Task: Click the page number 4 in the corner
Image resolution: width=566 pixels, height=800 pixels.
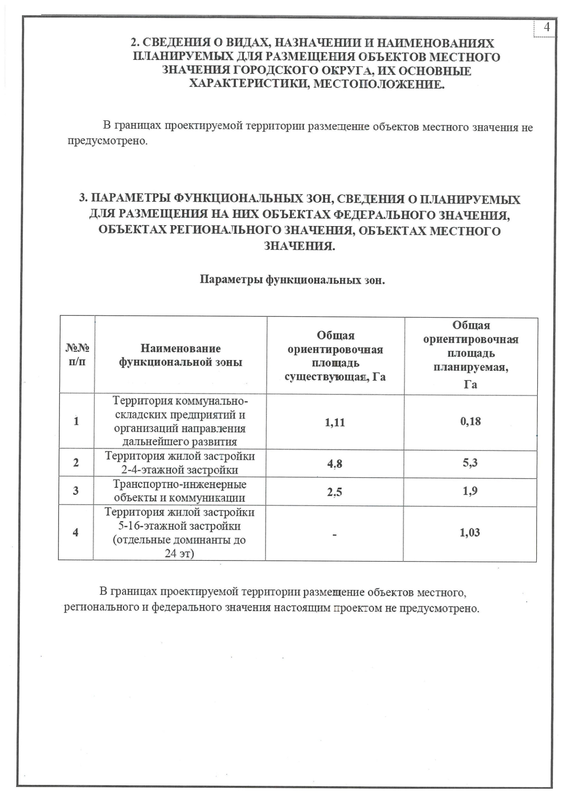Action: (x=547, y=27)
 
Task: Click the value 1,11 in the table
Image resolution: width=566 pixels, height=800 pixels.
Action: (x=335, y=422)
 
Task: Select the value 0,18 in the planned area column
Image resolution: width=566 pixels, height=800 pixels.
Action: (x=470, y=421)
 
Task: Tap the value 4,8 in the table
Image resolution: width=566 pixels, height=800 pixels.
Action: (x=334, y=464)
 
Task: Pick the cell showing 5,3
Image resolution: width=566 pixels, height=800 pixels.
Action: (x=470, y=463)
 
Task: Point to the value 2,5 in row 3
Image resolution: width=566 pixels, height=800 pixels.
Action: (x=334, y=492)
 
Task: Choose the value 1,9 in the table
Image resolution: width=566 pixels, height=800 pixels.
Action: (x=470, y=491)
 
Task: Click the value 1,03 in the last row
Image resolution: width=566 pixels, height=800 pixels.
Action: (x=470, y=533)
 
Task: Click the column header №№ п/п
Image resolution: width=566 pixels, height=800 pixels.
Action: (x=77, y=355)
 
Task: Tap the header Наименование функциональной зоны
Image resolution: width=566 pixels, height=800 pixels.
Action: (x=180, y=355)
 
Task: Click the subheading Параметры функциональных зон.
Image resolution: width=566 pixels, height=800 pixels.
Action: (x=292, y=280)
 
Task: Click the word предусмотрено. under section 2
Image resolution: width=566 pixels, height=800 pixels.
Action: (x=108, y=141)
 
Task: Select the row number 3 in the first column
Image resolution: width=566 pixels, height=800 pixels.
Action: (x=76, y=491)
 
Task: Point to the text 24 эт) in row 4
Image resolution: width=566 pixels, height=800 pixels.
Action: (x=179, y=554)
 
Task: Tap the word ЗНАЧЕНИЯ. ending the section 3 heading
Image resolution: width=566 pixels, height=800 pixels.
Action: (x=300, y=246)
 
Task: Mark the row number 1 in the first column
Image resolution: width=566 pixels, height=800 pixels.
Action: (x=76, y=421)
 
